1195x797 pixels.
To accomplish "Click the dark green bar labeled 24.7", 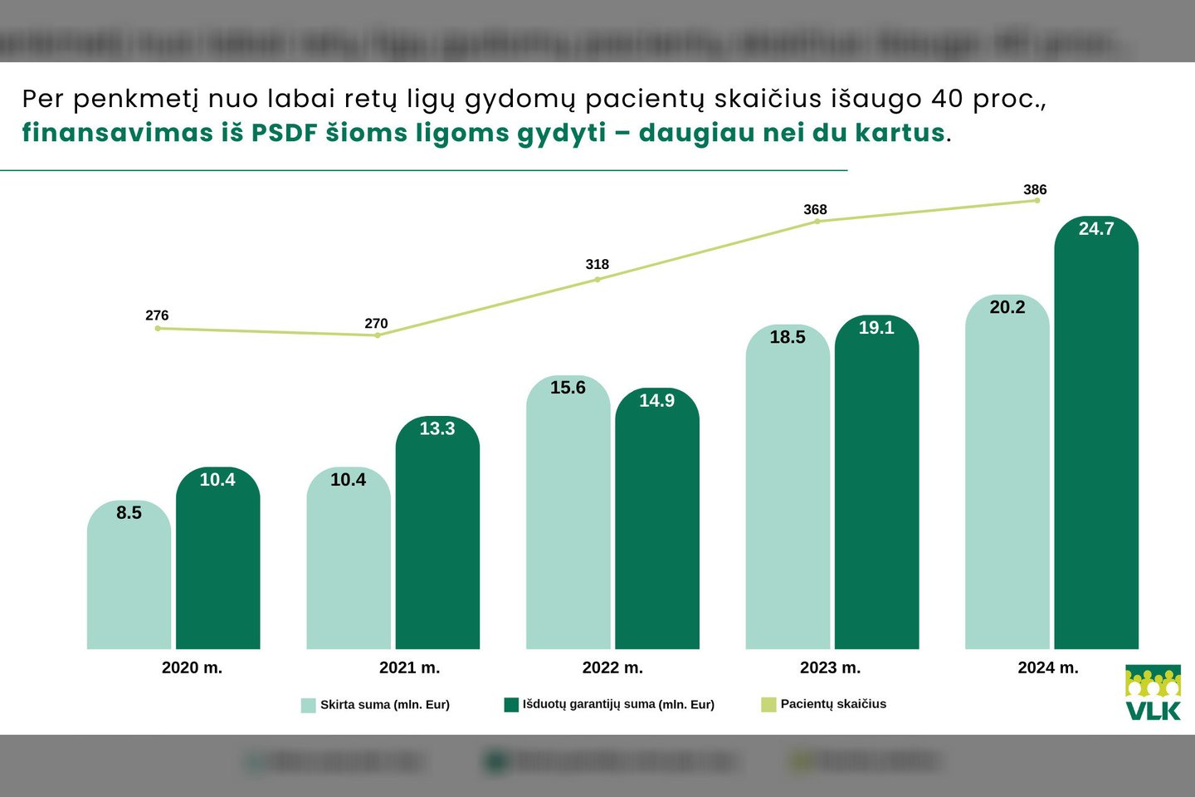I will point(1095,440).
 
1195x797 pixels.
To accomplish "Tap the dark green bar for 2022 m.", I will point(656,523).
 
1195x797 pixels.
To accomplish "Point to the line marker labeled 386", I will point(1036,200).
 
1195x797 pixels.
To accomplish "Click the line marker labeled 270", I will point(378,335).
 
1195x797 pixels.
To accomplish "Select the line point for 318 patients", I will point(597,279).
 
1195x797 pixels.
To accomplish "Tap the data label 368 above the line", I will point(815,209).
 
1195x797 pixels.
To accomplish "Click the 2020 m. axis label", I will point(192,667).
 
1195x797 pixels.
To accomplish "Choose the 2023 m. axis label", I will point(830,667).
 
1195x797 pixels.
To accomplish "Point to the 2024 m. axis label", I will point(1048,667).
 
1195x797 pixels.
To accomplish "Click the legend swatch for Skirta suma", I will point(308,705).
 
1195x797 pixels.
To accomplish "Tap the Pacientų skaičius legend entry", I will point(832,704).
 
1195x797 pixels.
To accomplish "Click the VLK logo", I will point(1153,692).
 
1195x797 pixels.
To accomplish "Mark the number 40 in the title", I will point(947,99).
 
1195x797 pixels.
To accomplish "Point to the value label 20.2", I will point(1007,307).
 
